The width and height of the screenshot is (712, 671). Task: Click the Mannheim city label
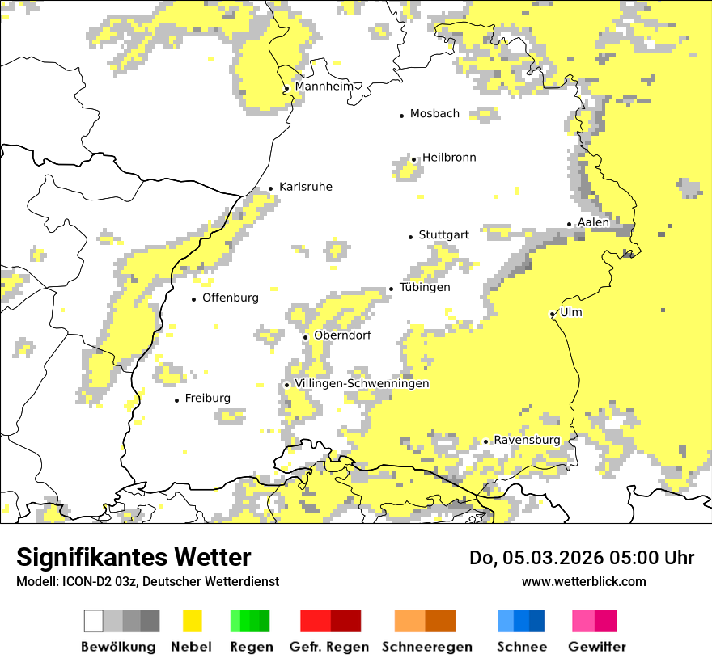[x=324, y=87]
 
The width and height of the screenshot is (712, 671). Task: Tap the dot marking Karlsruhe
[x=270, y=189]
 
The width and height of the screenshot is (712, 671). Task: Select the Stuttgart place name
[x=443, y=235]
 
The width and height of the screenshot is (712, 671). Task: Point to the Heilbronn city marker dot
[x=413, y=159]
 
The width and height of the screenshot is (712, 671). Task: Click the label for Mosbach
[x=434, y=114]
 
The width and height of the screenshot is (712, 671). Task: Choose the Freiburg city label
[x=207, y=399]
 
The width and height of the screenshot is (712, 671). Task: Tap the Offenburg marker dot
[x=193, y=299]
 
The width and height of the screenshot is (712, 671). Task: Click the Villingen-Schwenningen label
[x=362, y=383]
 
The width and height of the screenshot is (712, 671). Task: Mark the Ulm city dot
[x=552, y=314]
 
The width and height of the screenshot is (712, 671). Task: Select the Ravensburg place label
[x=527, y=440]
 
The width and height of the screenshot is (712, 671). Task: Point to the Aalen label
[x=593, y=222]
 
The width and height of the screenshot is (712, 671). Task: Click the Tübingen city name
[x=425, y=288]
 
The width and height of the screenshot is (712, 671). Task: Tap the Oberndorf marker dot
[x=305, y=337]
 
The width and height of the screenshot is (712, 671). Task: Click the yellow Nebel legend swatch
[x=193, y=621]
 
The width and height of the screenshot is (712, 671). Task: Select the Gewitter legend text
[x=597, y=647]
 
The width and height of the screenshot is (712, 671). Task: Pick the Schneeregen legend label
[x=427, y=647]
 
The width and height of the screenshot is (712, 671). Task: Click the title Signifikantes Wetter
[x=133, y=558]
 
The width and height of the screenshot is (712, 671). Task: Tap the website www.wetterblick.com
[x=583, y=581]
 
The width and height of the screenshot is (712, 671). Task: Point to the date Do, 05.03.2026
[x=539, y=558]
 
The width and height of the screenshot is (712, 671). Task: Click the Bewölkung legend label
[x=118, y=647]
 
